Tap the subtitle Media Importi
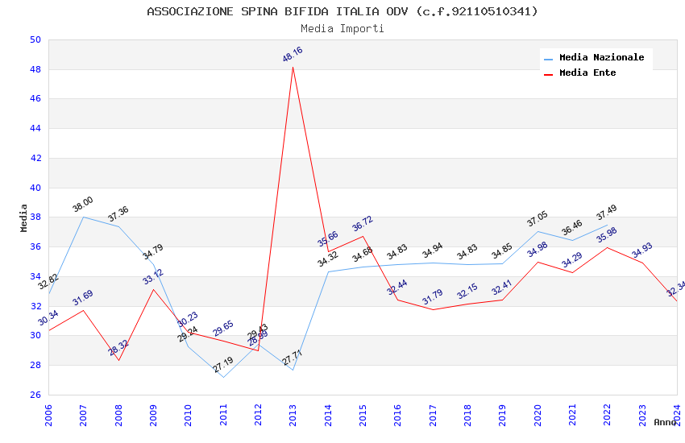(342, 28)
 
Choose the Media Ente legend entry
(587, 73)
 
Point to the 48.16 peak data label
(293, 55)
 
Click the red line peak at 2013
(293, 67)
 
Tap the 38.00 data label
(83, 205)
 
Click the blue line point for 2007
(83, 217)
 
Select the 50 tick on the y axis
(35, 39)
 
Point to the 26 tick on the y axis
(35, 395)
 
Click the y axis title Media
(23, 217)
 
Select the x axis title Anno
(665, 422)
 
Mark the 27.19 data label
(223, 366)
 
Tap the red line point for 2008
(118, 360)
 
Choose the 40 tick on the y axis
(35, 188)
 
